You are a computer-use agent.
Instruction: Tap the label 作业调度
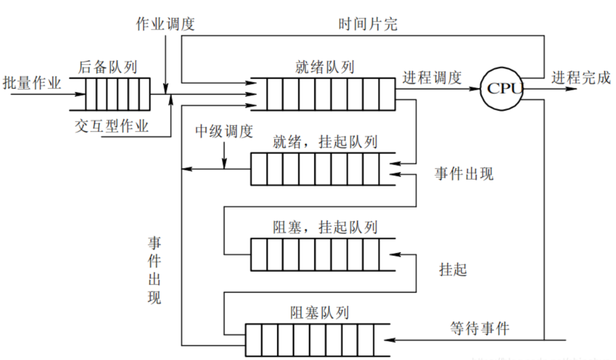[x=166, y=24]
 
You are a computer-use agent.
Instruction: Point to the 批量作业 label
[x=32, y=83]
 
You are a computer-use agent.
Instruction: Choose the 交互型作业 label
[x=112, y=127]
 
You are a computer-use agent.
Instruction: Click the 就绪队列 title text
[x=325, y=67]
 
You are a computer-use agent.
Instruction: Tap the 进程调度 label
[x=432, y=77]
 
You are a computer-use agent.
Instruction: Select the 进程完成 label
[x=581, y=77]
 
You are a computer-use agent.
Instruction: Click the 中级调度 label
[x=224, y=131]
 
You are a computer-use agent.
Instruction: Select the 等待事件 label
[x=480, y=328]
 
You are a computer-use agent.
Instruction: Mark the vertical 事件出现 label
[x=154, y=270]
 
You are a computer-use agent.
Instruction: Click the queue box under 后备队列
[x=110, y=94]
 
